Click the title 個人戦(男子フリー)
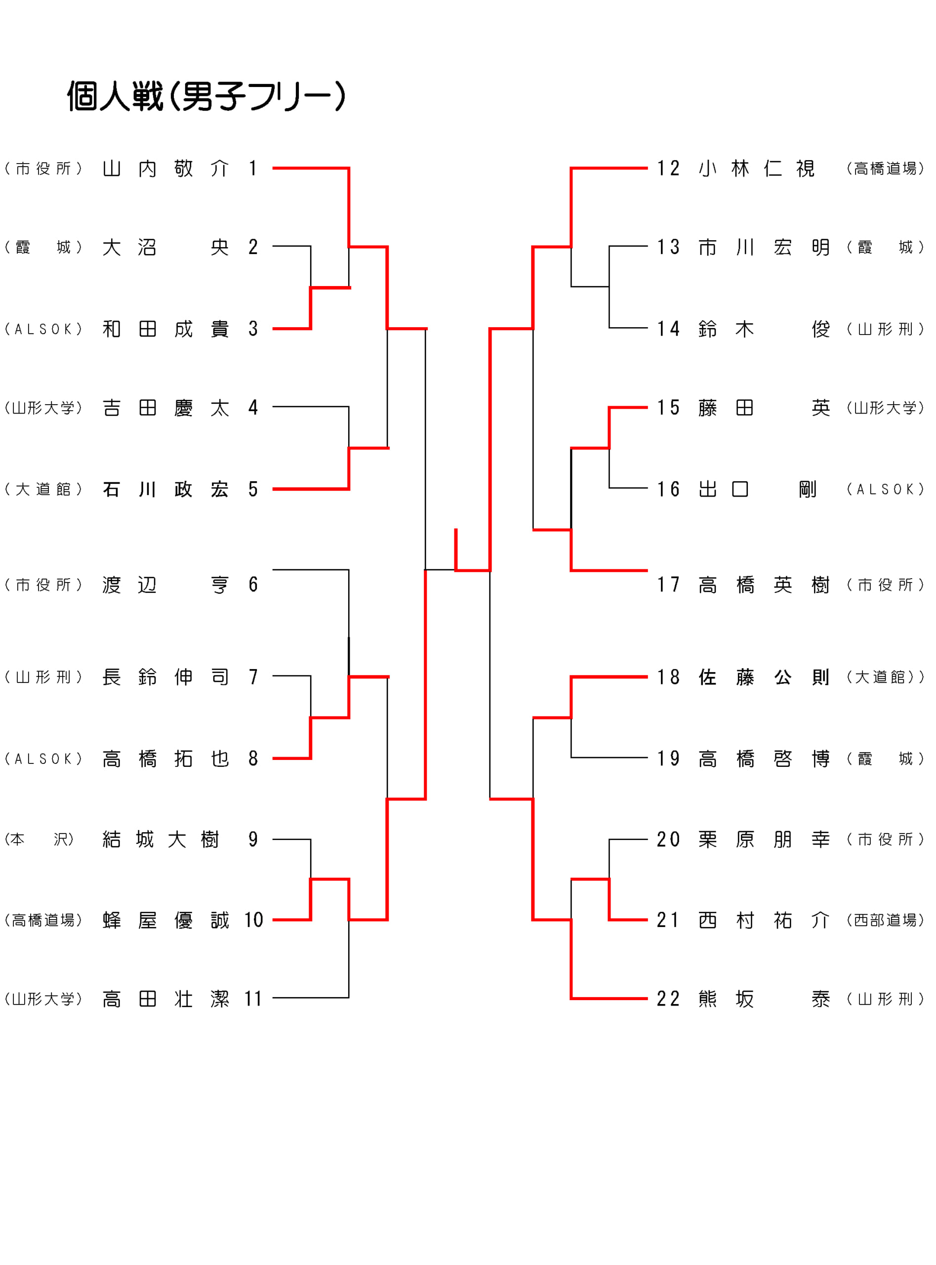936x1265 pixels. (x=206, y=96)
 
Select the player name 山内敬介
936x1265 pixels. (x=165, y=169)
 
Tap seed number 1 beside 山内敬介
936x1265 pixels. (x=253, y=169)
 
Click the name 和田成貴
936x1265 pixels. (x=165, y=329)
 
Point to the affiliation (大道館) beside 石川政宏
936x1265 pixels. (x=43, y=489)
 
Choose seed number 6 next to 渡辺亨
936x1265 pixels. (x=253, y=585)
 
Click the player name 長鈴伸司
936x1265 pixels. (x=165, y=676)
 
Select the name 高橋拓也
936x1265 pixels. (x=165, y=759)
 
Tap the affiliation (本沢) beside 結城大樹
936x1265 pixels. (x=39, y=840)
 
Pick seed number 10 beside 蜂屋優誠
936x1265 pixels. (x=253, y=920)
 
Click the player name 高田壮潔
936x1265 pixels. (x=165, y=999)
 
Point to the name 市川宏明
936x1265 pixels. (x=763, y=247)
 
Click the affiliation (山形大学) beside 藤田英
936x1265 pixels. (x=885, y=408)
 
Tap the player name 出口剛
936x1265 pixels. (x=757, y=489)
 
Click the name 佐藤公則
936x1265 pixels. (x=763, y=676)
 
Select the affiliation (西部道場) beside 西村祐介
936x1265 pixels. (x=885, y=920)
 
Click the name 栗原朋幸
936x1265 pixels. (x=763, y=840)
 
